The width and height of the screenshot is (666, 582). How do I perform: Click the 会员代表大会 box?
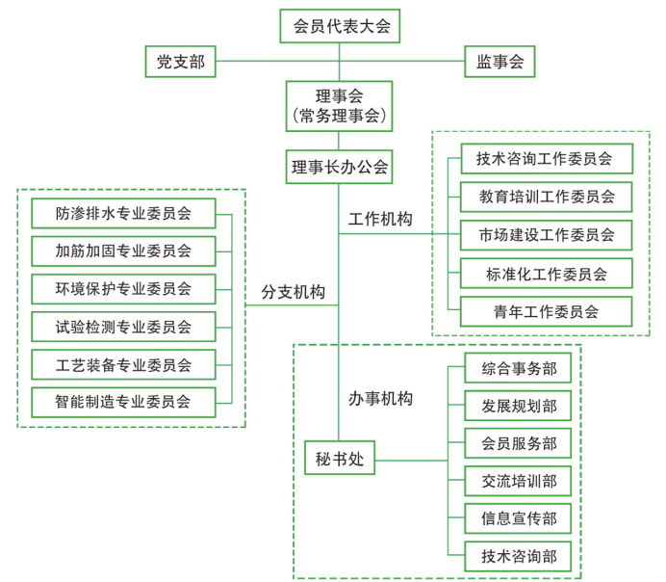pyautogui.click(x=340, y=26)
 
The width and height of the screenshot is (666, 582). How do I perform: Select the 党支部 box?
pyautogui.click(x=181, y=62)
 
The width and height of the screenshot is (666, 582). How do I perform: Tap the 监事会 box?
pyautogui.click(x=499, y=62)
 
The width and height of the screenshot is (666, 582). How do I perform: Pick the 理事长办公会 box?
pyautogui.click(x=339, y=167)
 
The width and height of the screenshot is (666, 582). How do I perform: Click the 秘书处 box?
pyautogui.click(x=340, y=458)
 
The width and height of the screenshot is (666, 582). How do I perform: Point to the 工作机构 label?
pyautogui.click(x=380, y=219)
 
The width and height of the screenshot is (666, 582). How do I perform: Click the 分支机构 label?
pyautogui.click(x=294, y=292)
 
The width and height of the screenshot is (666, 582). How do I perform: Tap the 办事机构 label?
pyautogui.click(x=380, y=399)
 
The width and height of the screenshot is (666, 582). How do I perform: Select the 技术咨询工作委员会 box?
pyautogui.click(x=547, y=159)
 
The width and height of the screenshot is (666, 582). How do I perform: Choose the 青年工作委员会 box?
pyautogui.click(x=547, y=311)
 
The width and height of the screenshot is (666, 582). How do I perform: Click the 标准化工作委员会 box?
pyautogui.click(x=547, y=274)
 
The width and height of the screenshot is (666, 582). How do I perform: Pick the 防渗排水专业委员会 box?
pyautogui.click(x=123, y=213)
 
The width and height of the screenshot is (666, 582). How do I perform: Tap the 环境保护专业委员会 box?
pyautogui.click(x=123, y=289)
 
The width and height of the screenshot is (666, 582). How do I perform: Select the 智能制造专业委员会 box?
pyautogui.click(x=123, y=402)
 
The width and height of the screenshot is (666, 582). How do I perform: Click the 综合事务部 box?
pyautogui.click(x=518, y=368)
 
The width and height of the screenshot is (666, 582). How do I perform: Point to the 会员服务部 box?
pyautogui.click(x=518, y=443)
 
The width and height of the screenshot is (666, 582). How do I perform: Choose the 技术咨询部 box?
pyautogui.click(x=518, y=557)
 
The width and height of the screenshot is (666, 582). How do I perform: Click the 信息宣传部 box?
pyautogui.click(x=518, y=518)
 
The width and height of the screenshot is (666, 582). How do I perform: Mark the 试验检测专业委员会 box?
pyautogui.click(x=123, y=327)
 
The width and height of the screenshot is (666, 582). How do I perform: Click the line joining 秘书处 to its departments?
pyautogui.click(x=411, y=460)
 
